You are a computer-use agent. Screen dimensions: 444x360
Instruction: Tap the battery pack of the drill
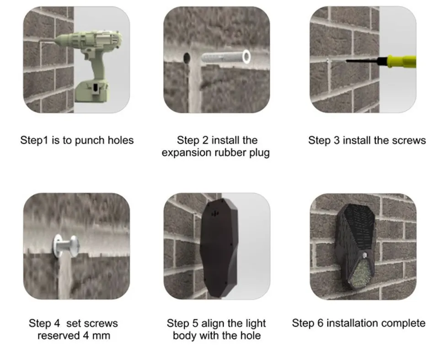click(92, 91)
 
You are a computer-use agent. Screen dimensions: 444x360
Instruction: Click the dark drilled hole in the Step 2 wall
click(187, 58)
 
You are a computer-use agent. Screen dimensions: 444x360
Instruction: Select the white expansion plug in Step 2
click(226, 57)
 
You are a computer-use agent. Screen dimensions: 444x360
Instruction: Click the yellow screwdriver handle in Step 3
click(401, 61)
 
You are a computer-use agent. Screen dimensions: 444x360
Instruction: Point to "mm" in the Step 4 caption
click(102, 336)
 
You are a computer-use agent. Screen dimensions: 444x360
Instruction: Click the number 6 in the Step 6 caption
click(320, 323)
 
